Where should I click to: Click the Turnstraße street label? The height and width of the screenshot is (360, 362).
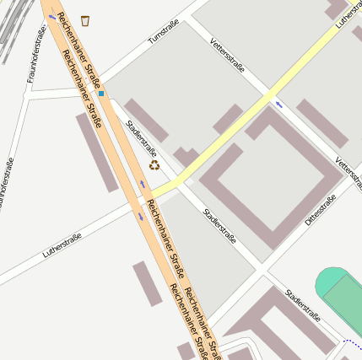(164, 31)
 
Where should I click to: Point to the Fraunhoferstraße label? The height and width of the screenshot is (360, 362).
(35, 54)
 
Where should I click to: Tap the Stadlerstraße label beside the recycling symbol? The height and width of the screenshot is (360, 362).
(141, 137)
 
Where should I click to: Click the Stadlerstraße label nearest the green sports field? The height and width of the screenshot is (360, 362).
(303, 307)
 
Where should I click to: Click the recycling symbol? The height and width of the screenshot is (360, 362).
(154, 165)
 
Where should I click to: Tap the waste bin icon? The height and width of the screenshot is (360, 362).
(84, 19)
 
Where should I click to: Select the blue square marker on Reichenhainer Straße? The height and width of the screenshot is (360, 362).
(101, 94)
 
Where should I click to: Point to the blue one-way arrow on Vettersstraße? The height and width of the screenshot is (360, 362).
(279, 105)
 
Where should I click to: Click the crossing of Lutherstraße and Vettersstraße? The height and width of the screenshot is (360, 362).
(270, 94)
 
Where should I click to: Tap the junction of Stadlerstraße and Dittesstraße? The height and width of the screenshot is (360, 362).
(261, 269)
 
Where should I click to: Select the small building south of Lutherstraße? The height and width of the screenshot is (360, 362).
(146, 283)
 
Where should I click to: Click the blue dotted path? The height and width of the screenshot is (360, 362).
(353, 343)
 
